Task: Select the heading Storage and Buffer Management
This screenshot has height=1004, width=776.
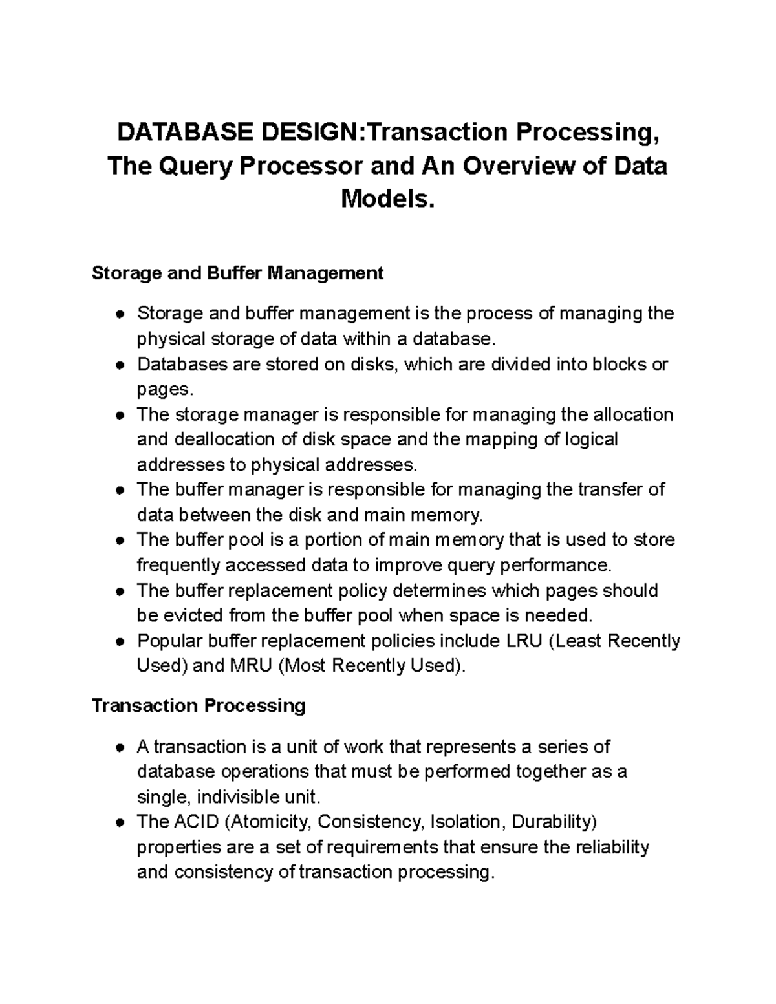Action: [237, 273]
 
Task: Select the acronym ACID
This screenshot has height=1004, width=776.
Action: [197, 822]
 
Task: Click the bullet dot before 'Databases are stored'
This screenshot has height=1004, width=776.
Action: [120, 365]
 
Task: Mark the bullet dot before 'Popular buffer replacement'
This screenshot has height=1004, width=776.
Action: [120, 641]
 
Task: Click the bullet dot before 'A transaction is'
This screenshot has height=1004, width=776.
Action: [120, 747]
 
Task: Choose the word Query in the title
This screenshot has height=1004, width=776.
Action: [196, 166]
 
